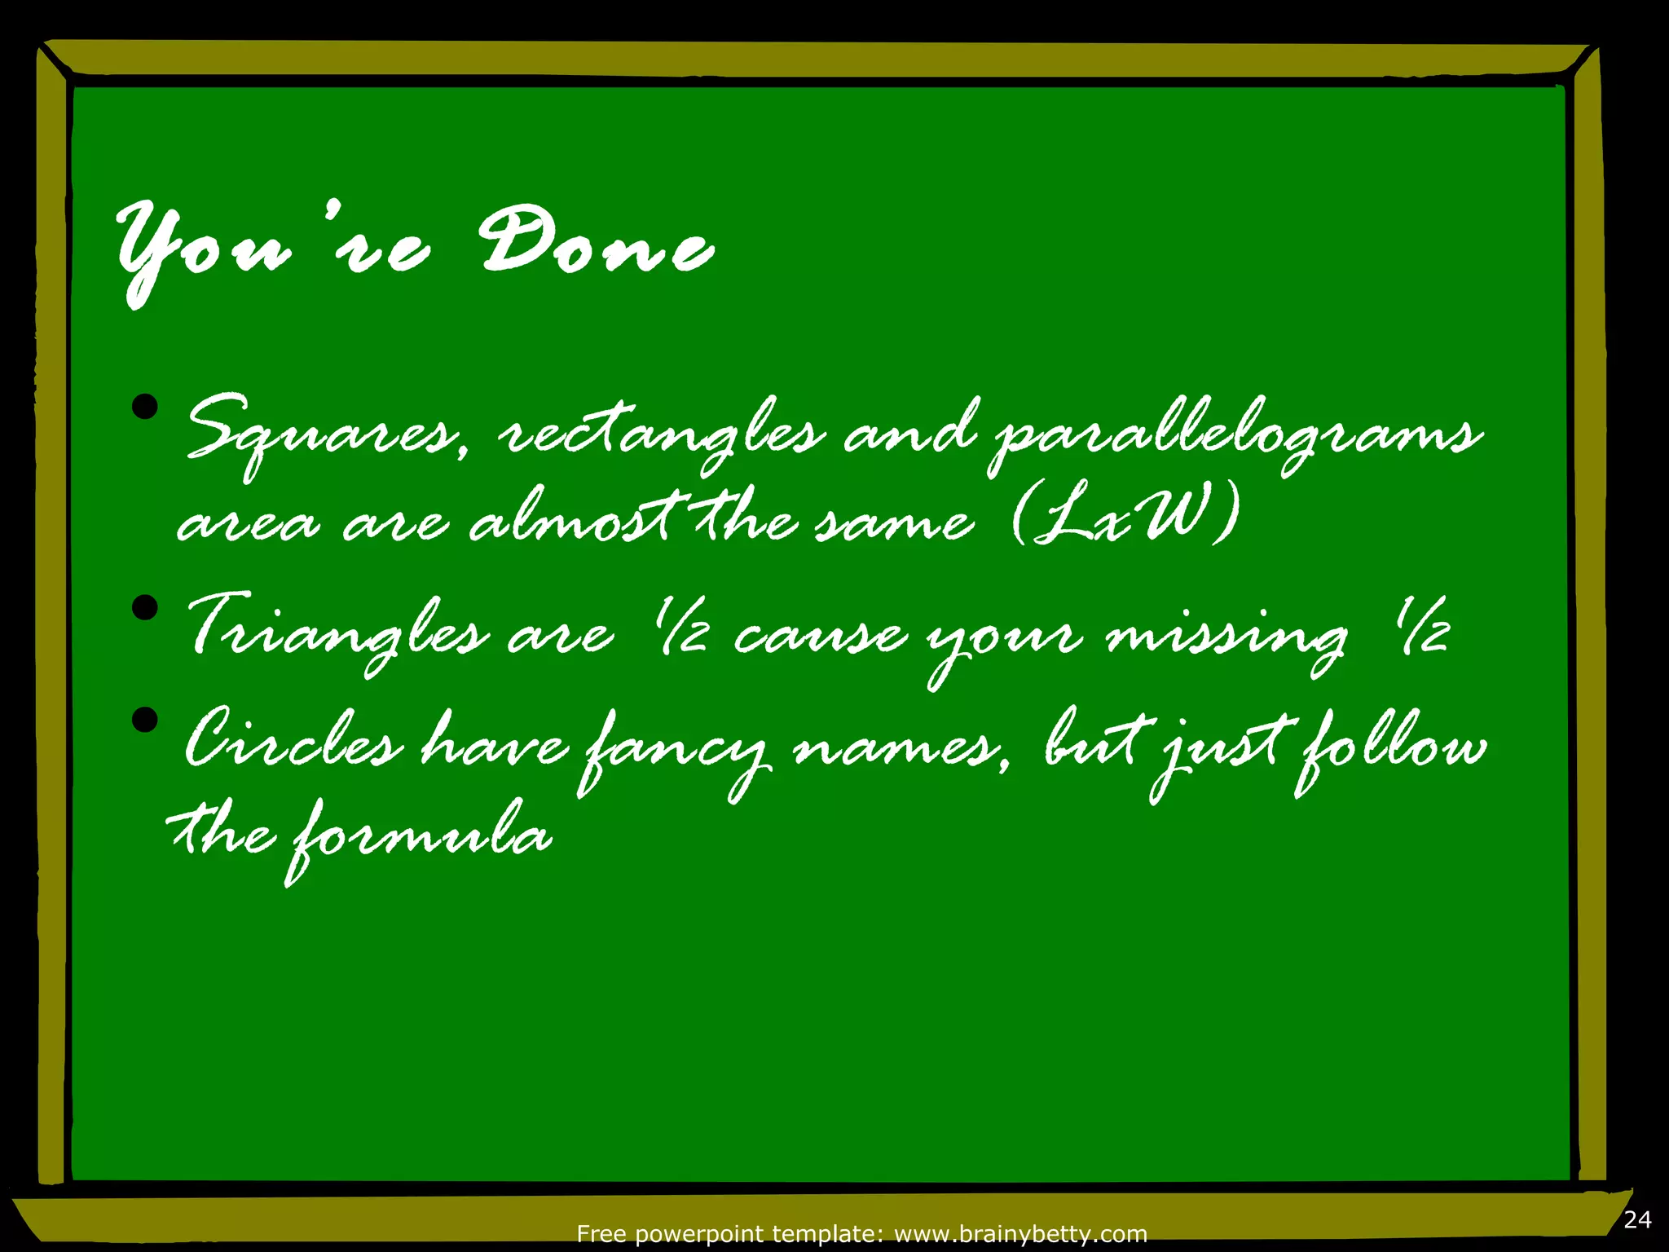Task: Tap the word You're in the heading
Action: click(x=272, y=249)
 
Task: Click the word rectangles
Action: click(x=660, y=433)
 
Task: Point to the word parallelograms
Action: click(x=1235, y=433)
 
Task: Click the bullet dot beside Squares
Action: click(x=145, y=407)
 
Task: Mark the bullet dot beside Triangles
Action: click(x=145, y=607)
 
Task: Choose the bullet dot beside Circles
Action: click(x=145, y=720)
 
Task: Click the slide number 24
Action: click(x=1637, y=1219)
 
